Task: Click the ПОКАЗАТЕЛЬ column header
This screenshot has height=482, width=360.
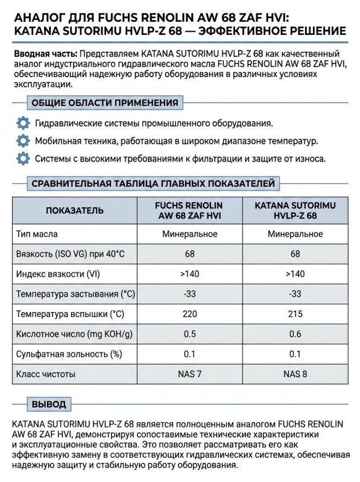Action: pos(75,210)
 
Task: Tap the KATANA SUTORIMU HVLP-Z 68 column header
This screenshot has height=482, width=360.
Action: pos(295,210)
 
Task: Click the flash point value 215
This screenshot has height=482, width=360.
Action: pos(295,315)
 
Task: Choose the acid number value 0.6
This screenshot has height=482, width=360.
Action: pos(295,334)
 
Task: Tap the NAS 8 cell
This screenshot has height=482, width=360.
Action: pos(295,374)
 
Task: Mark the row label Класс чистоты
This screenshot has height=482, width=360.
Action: pos(47,374)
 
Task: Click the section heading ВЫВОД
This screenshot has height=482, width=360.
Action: pos(48,404)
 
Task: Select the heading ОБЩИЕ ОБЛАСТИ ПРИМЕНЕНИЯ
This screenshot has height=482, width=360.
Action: pos(104,102)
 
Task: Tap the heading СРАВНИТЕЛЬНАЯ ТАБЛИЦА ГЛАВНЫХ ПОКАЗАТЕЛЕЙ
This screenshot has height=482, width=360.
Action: pos(153,183)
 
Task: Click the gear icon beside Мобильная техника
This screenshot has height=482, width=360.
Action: pos(23,142)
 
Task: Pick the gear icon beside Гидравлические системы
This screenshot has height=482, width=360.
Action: pos(23,124)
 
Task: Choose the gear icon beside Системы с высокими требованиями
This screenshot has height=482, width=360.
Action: pos(23,159)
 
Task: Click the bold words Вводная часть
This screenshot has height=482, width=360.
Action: pos(45,54)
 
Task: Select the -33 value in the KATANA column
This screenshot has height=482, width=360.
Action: pos(295,294)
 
